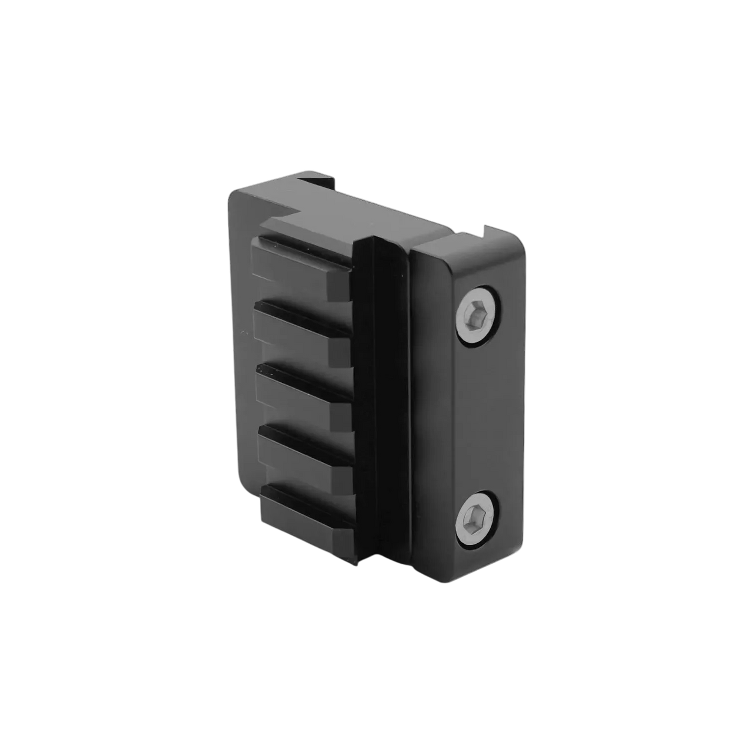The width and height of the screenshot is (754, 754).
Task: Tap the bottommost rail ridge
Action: pyautogui.click(x=306, y=507)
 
